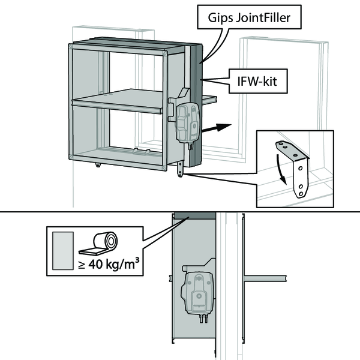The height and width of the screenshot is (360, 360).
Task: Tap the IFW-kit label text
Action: coord(257,81)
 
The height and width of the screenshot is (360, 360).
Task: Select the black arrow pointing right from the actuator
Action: coord(216,128)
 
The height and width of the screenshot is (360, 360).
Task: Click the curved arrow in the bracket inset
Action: coord(281,169)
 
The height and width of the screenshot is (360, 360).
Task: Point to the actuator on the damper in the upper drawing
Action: coord(188,124)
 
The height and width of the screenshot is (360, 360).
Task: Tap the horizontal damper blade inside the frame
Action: coord(118,101)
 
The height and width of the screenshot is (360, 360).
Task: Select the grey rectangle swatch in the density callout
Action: coord(63,251)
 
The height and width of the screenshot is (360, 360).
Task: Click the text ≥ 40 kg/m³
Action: coord(109,263)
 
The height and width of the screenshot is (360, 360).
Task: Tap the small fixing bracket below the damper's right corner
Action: coord(180,169)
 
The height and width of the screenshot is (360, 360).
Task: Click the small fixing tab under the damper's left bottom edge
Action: coord(98,164)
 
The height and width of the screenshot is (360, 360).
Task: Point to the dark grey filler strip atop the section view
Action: coord(195,215)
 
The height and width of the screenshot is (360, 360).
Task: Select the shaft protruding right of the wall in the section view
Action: coord(265,278)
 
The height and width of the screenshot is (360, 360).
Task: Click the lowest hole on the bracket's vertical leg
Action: coord(301,194)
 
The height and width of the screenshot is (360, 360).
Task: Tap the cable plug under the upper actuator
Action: coord(191,146)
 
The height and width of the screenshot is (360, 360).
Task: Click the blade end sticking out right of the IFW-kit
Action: coord(209,100)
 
